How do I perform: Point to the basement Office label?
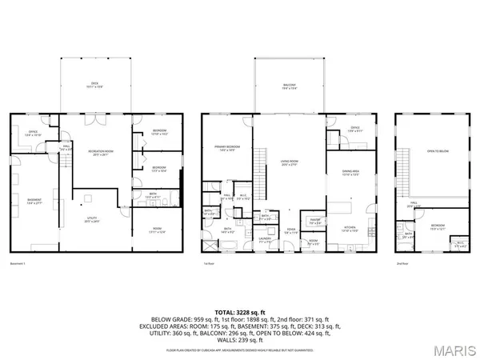tap(33, 133)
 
